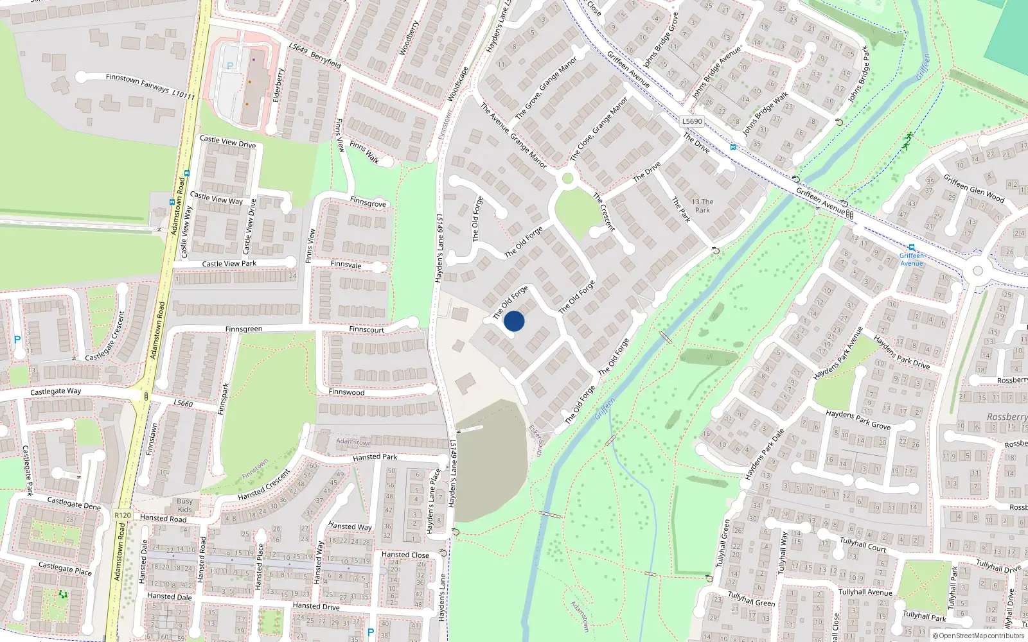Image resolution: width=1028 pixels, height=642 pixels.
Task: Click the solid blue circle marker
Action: [x=514, y=321]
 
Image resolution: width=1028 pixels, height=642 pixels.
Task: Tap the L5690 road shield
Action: [x=692, y=121]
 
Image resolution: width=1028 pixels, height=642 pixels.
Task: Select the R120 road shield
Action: [x=122, y=515]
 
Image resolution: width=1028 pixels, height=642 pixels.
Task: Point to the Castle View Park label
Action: [x=229, y=263]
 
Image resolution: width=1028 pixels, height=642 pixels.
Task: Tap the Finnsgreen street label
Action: [x=244, y=329]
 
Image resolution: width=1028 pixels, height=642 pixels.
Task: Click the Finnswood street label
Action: [x=346, y=392]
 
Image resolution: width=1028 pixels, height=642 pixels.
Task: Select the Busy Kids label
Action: [x=184, y=505]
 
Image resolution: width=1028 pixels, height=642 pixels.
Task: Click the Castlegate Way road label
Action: [x=56, y=391]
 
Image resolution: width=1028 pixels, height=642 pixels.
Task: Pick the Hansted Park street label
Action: [x=375, y=457]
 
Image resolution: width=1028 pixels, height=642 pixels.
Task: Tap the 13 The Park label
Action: [x=702, y=205]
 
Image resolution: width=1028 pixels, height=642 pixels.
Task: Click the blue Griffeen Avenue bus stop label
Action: [x=911, y=259]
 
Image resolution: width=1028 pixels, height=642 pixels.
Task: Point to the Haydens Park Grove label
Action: [x=858, y=420]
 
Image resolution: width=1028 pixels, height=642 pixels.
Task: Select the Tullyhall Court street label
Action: [x=863, y=544]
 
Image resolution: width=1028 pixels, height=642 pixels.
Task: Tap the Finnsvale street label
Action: [x=346, y=265]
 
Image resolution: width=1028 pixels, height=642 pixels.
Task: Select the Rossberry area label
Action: [x=1007, y=417]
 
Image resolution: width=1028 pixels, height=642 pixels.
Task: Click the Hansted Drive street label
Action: [x=316, y=605]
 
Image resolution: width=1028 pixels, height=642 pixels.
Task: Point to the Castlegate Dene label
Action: [x=74, y=503]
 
